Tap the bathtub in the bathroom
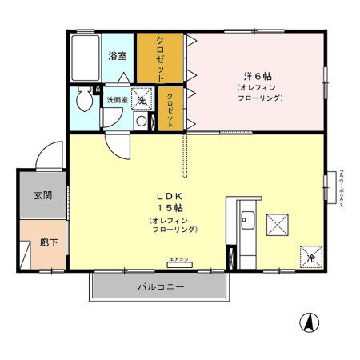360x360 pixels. (84, 56)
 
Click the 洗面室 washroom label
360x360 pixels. (118, 101)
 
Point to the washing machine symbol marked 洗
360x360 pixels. (142, 100)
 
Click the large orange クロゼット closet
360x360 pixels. (160, 58)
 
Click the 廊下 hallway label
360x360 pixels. (47, 242)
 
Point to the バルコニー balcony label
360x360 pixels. (160, 286)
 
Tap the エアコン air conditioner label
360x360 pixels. (178, 260)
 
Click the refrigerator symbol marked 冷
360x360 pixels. (311, 257)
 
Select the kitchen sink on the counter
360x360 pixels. (247, 221)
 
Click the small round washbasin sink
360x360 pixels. (141, 122)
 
